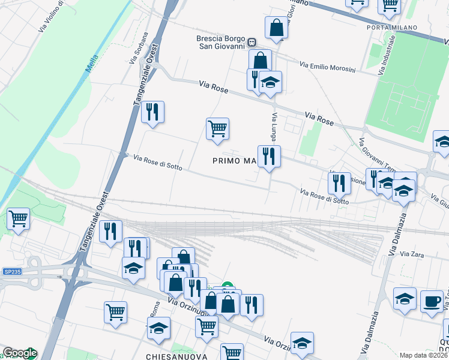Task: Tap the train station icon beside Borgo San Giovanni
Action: (252, 43)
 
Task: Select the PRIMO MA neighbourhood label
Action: (234, 161)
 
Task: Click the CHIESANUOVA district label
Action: (176, 356)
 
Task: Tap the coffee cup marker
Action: (431, 300)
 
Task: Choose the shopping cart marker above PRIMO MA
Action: (217, 128)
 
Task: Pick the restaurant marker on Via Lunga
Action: (269, 157)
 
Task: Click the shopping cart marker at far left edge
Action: (18, 218)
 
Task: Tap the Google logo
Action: (19, 353)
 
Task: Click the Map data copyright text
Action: (423, 355)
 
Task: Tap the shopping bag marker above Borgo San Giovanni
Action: (276, 28)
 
